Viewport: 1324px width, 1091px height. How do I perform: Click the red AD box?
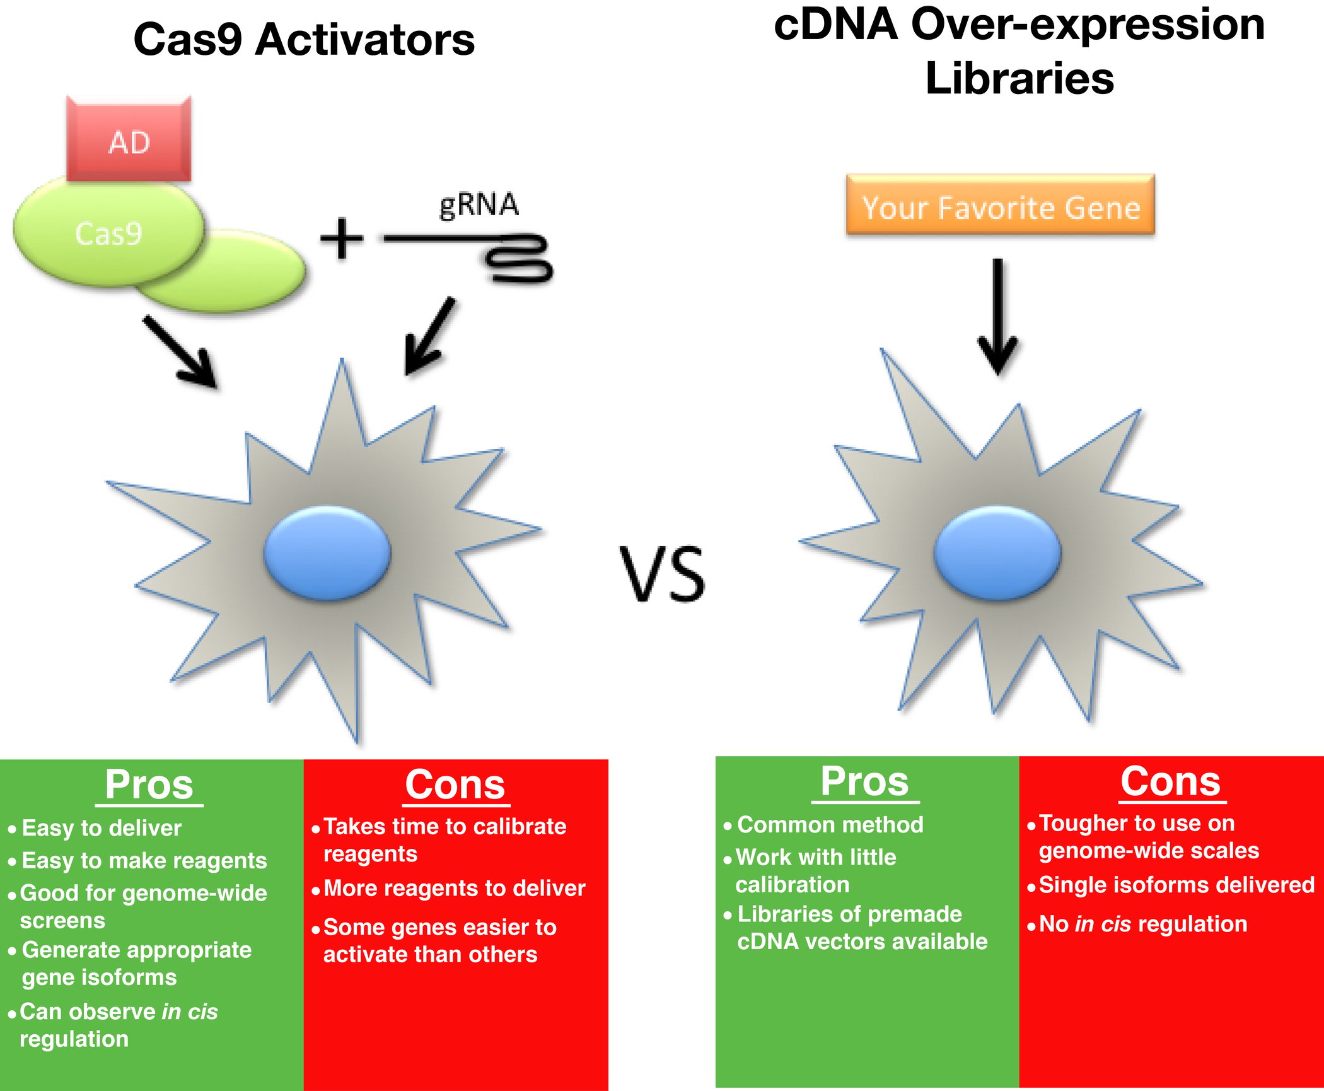click(129, 139)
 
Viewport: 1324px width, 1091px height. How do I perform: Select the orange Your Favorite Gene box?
click(1001, 205)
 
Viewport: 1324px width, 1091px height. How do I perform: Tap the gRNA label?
click(479, 205)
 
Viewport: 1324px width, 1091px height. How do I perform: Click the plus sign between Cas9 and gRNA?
click(342, 238)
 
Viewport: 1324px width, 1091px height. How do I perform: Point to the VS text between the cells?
click(662, 573)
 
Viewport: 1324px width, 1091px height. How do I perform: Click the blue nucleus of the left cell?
click(327, 552)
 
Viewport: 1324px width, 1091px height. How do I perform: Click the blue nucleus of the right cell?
click(997, 552)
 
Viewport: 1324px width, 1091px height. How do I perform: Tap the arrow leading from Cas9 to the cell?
click(180, 351)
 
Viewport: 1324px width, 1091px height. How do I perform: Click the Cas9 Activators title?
click(304, 39)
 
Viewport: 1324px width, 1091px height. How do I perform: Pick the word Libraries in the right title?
click(1019, 78)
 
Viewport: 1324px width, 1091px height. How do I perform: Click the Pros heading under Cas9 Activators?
click(149, 785)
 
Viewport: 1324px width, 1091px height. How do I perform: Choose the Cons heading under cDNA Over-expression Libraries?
click(1171, 782)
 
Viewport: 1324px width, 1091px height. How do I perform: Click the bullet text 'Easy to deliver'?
click(102, 827)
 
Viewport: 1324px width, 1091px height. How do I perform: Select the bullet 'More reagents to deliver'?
click(455, 888)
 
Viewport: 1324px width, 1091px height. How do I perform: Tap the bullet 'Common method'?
click(830, 824)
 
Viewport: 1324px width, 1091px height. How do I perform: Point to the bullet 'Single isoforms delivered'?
click(1176, 885)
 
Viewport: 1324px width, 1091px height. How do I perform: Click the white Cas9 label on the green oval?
click(108, 233)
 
